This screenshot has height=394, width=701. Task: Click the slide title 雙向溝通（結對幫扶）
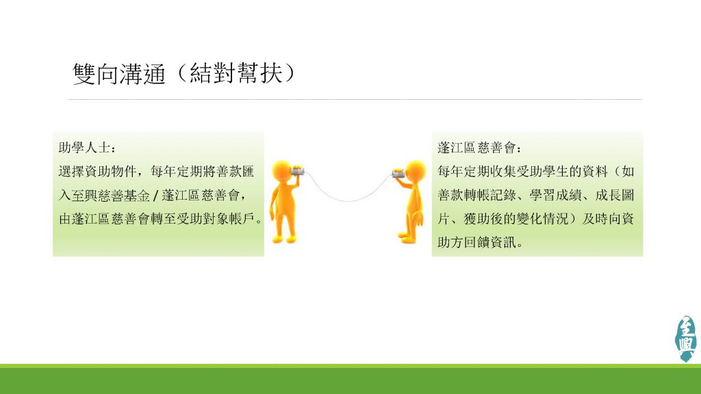[x=183, y=73]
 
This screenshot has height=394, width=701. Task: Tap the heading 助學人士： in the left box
[x=88, y=148]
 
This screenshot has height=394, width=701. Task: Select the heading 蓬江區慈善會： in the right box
[x=479, y=148]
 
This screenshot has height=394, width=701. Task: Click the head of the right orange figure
[x=416, y=170]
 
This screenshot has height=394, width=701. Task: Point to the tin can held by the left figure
[x=298, y=170]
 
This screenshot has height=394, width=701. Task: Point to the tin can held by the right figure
[x=398, y=173]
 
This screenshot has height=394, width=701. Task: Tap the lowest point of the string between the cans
[x=348, y=201]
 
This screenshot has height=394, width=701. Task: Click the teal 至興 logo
[x=686, y=338]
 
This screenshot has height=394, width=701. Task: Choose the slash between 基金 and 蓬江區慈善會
[x=155, y=196]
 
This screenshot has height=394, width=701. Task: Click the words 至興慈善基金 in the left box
[x=110, y=195]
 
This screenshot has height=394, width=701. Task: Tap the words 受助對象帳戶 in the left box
[x=216, y=219]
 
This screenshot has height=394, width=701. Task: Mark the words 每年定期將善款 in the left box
[x=196, y=172]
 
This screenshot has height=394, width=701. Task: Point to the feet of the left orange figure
[x=285, y=239]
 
